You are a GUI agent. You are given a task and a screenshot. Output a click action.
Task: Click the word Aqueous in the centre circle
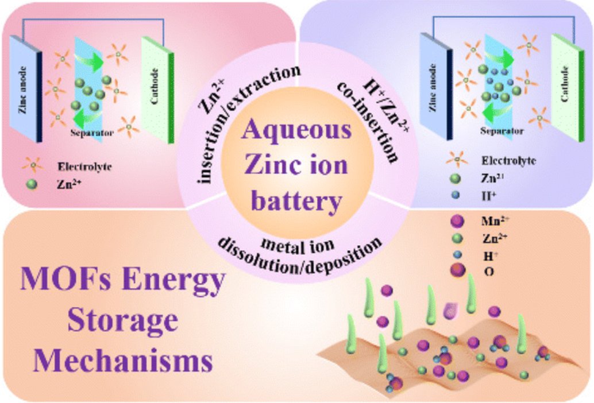pos(296,130)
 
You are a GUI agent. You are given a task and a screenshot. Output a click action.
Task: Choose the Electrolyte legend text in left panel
pos(84,168)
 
